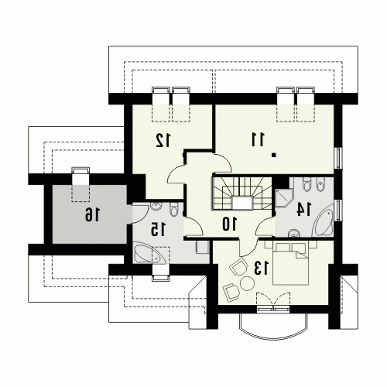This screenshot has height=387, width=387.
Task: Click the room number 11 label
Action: coord(258,139)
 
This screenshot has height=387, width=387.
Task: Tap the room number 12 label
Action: coord(163,140)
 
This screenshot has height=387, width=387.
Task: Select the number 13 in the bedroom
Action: coord(262,268)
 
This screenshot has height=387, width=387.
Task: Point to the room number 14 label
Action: coord(304,209)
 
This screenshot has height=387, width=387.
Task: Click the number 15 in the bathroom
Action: coord(158,229)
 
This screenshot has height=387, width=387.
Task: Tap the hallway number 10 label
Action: coord(229,224)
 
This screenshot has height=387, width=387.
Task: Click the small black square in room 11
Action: coord(274,155)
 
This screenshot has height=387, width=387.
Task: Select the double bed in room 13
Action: coord(290,263)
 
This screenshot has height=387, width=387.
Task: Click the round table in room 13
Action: coord(247,283)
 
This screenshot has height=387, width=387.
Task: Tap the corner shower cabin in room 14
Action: coord(284,198)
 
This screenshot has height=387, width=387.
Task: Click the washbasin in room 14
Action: coord(294,233)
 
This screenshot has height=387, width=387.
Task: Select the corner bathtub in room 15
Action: coord(149,253)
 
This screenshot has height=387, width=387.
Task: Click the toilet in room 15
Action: coord(174,209)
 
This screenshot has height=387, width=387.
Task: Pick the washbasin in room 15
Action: coord(156,207)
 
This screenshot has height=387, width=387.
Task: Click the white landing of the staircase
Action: coord(241,203)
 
